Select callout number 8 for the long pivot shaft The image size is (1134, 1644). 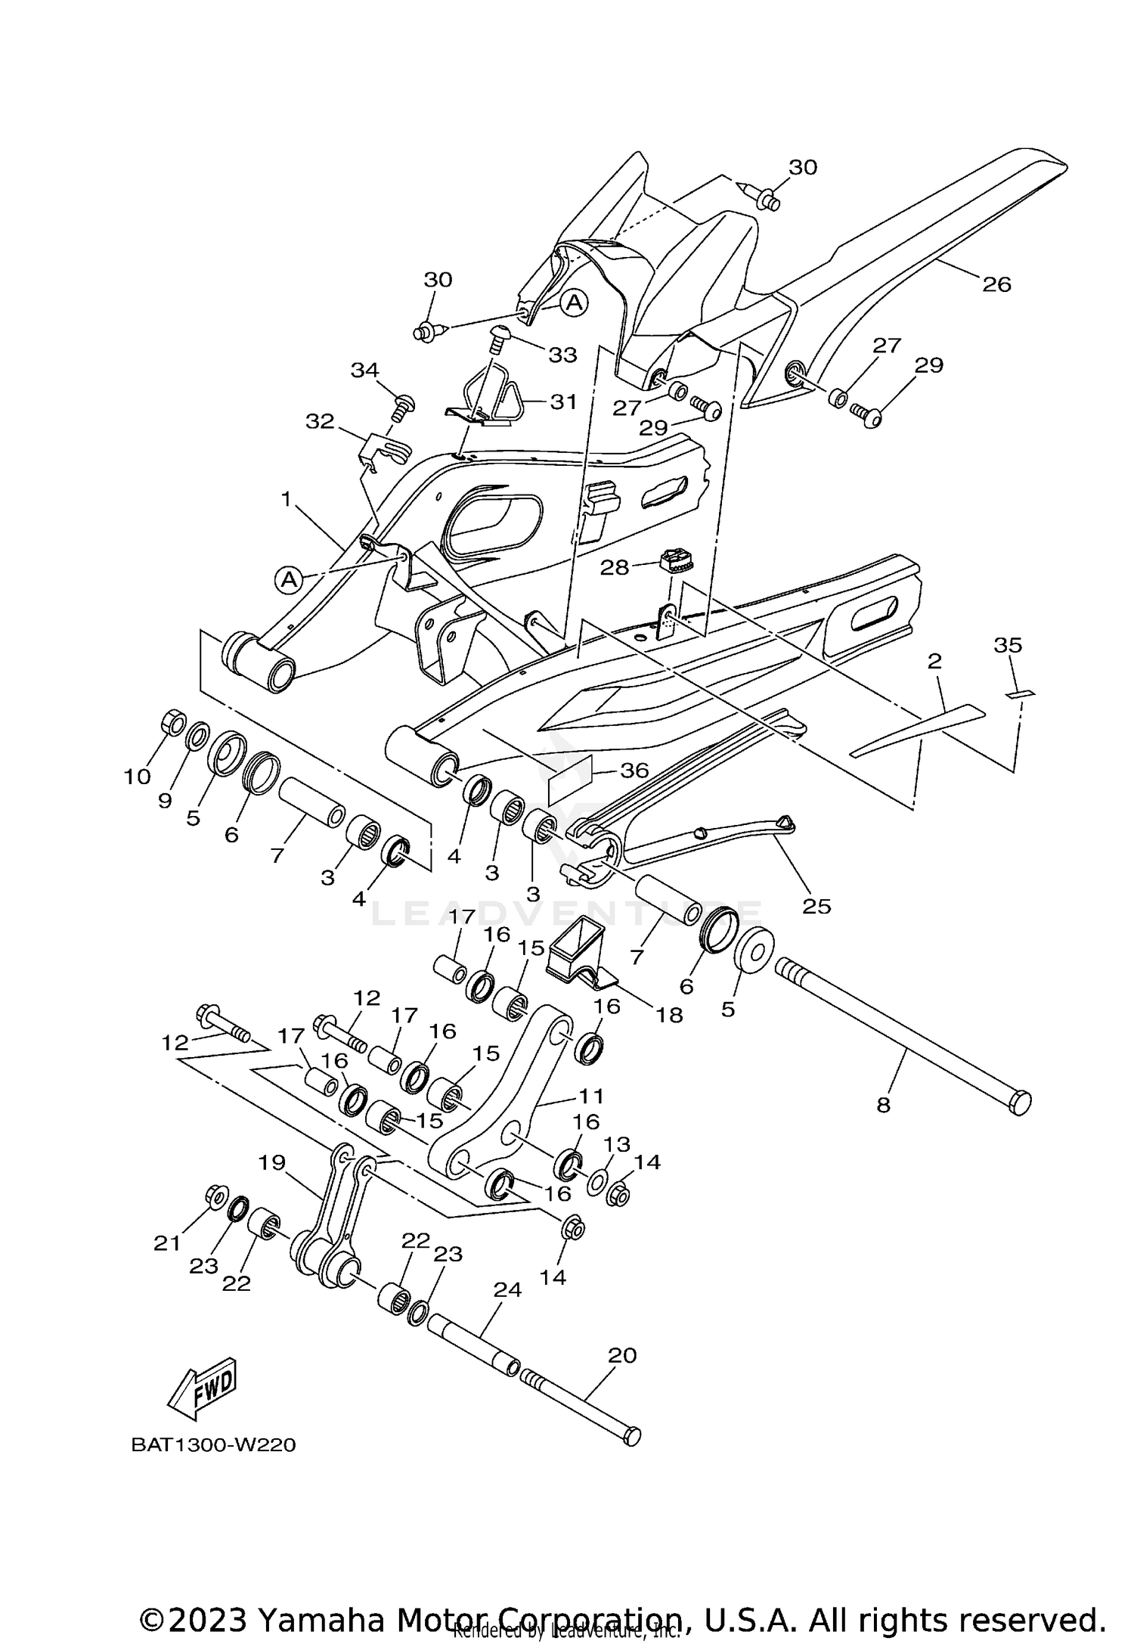883,1106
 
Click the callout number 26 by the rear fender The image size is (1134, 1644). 996,284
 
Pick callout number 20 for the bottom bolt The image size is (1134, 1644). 622,1355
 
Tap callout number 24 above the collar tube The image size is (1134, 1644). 507,1289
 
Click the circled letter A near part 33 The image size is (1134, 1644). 575,303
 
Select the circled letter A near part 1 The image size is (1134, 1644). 288,580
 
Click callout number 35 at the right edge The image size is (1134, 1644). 1008,645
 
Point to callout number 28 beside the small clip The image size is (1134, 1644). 615,567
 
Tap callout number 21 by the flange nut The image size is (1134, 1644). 167,1242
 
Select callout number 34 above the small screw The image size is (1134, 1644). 364,370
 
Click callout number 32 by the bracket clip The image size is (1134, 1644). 320,420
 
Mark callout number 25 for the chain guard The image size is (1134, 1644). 817,905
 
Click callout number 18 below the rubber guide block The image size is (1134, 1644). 670,1015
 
